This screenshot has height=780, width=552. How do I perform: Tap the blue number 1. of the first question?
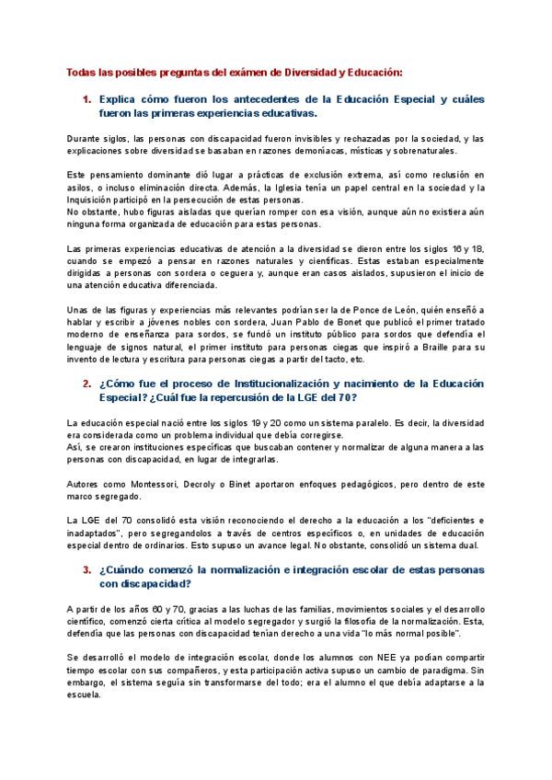pyautogui.click(x=86, y=98)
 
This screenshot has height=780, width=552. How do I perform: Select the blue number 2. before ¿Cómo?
pyautogui.click(x=86, y=384)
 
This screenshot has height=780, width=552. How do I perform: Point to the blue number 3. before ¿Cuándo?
pyautogui.click(x=86, y=570)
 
